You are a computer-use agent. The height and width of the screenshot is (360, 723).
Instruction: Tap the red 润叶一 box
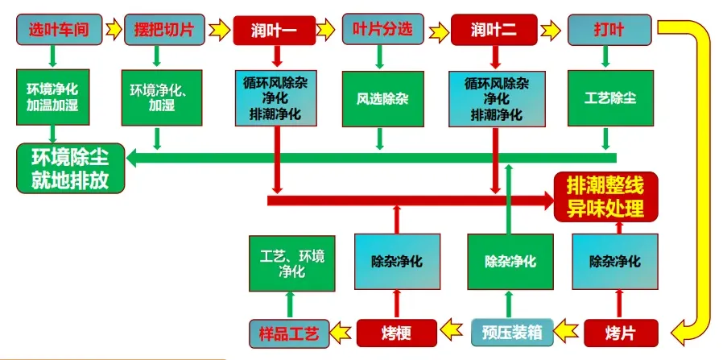277,30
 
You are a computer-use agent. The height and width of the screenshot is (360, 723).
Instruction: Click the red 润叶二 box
494,30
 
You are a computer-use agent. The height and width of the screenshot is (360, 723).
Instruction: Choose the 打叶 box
609,30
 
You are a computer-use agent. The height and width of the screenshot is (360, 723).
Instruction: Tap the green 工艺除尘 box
609,99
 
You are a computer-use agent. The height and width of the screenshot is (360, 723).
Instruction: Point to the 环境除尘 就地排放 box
70,167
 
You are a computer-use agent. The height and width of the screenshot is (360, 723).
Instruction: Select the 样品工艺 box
288,331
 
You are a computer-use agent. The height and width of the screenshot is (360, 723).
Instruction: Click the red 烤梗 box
396,331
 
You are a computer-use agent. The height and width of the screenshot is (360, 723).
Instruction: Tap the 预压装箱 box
507,331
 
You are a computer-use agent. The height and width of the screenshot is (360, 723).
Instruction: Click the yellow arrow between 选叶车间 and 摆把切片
113,30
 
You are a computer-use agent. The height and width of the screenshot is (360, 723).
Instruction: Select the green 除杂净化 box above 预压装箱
507,261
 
